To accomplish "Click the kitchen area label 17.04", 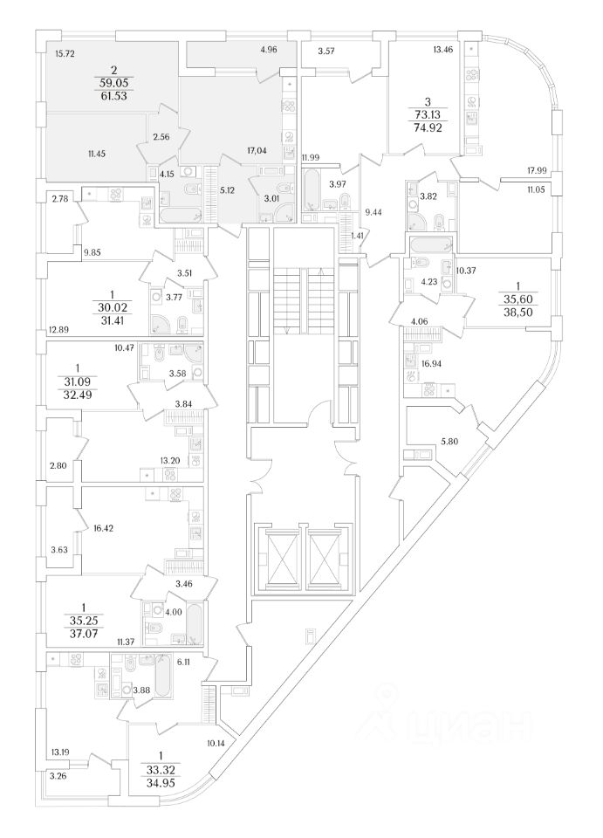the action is [257, 150].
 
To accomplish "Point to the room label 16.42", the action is [104, 527].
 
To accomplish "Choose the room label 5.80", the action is [450, 441].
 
